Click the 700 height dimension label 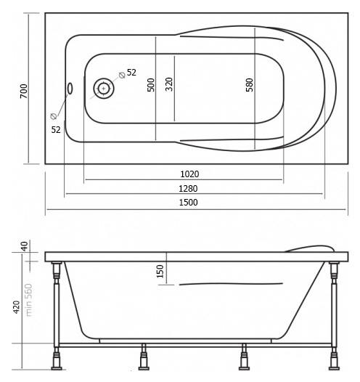[24, 91]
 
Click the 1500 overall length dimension [189, 203]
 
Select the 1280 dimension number [188, 189]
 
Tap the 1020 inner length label [189, 174]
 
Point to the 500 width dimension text [151, 85]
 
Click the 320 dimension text [169, 84]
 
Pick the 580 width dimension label [250, 85]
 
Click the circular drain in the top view [104, 89]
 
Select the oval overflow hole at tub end [70, 89]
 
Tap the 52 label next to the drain [131, 73]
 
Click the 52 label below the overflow [56, 130]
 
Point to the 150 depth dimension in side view [160, 271]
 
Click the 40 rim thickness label [25, 246]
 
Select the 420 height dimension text [16, 307]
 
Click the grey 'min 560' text [29, 300]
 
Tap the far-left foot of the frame [57, 359]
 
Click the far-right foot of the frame [334, 359]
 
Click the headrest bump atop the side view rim [311, 249]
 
